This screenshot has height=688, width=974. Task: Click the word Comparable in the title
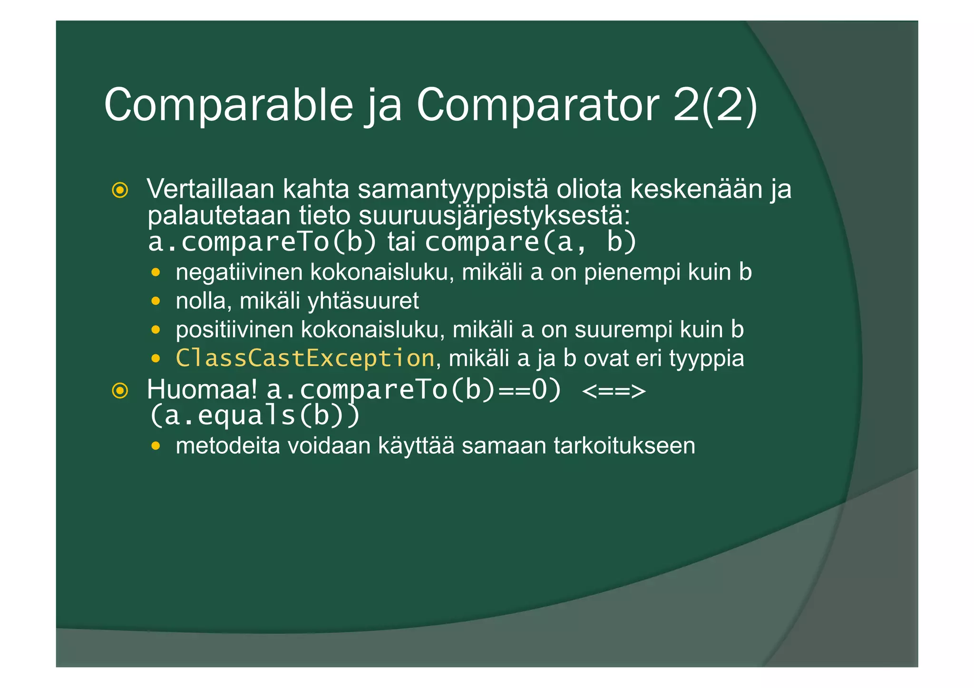click(x=228, y=105)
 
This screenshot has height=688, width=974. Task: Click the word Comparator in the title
click(x=538, y=105)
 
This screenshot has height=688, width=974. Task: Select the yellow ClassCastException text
click(x=305, y=358)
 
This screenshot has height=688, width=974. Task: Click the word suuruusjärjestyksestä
click(x=495, y=216)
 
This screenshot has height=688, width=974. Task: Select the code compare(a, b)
click(x=531, y=242)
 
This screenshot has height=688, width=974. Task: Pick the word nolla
click(x=200, y=301)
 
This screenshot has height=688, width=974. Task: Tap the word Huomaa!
click(x=202, y=390)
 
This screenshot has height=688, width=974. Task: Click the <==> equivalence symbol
click(x=614, y=391)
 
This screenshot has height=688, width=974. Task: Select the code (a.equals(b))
click(x=254, y=415)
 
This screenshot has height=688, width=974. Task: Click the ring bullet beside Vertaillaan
click(x=120, y=190)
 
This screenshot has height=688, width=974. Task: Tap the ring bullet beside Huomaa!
click(x=120, y=391)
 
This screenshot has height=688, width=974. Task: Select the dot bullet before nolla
click(x=156, y=301)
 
